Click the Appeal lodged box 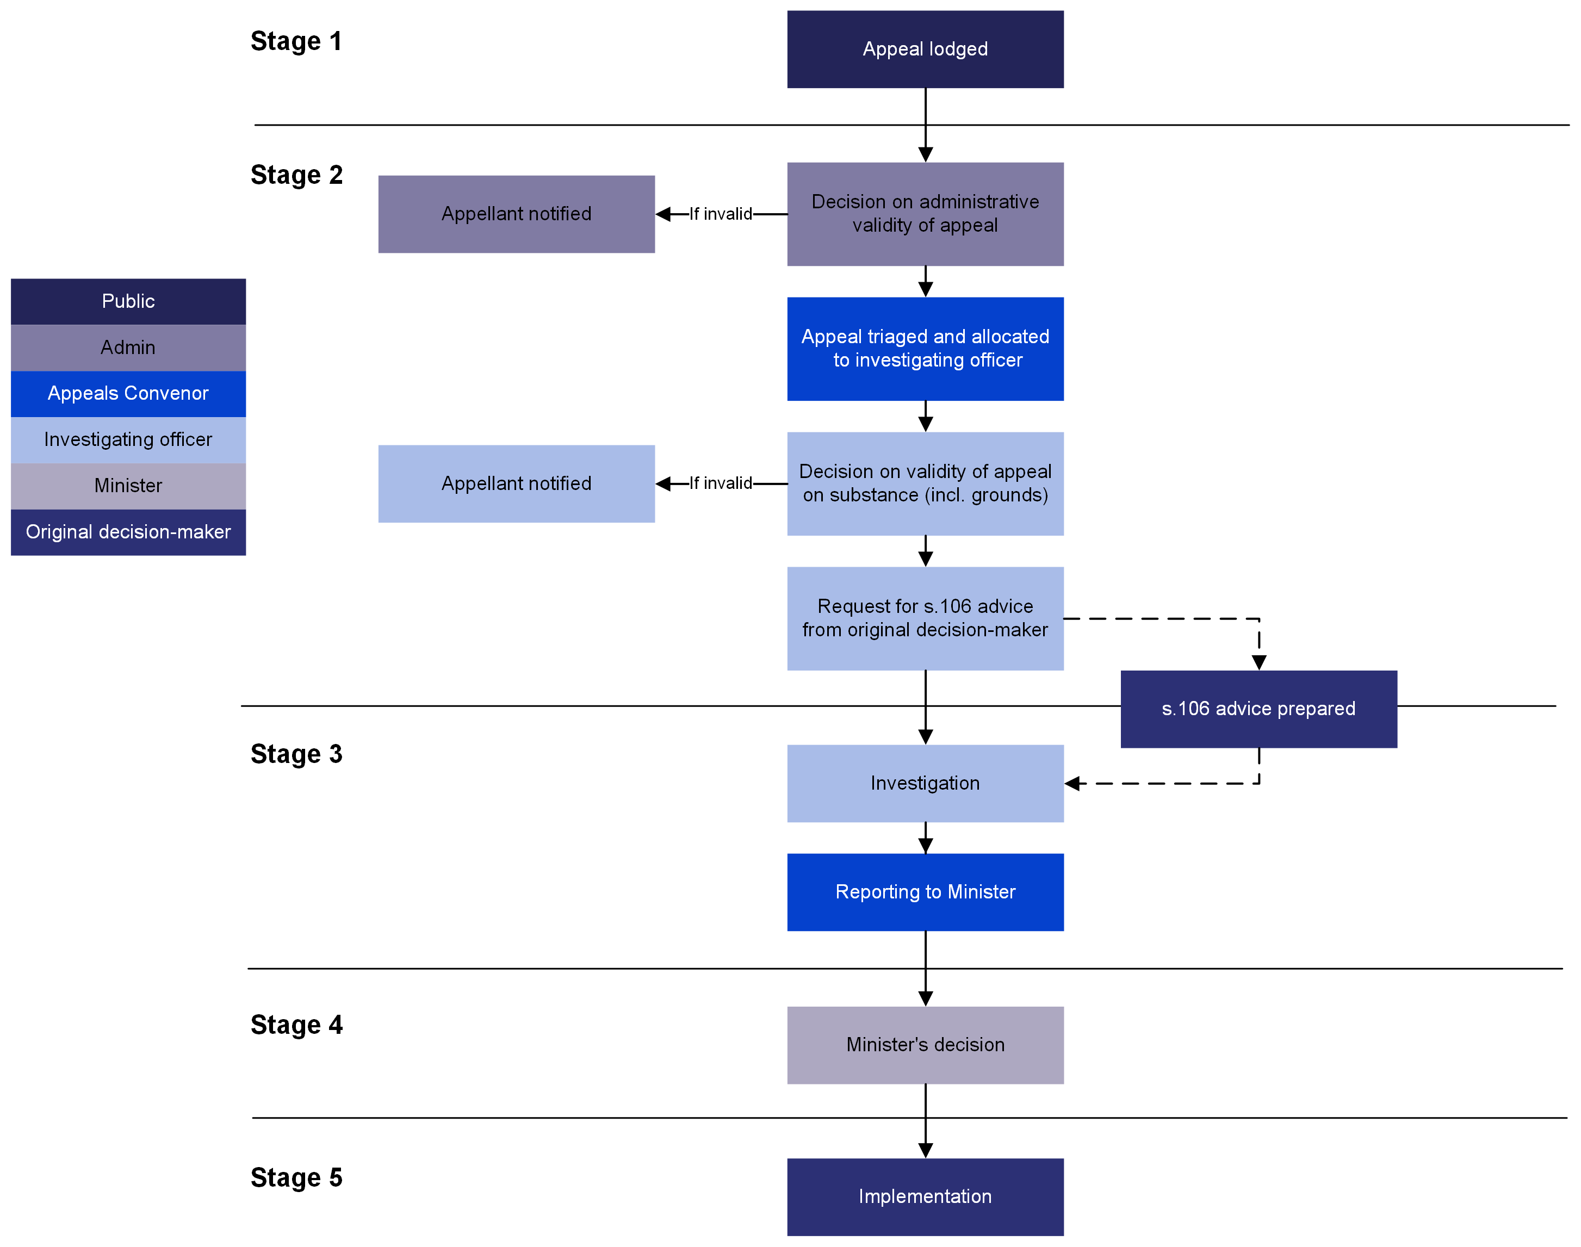point(925,49)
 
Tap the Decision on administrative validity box point(925,213)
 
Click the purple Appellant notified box point(516,214)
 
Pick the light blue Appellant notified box point(516,483)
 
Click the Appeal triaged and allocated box point(925,348)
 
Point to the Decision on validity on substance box point(925,483)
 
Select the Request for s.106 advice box point(925,618)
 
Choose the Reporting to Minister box point(925,891)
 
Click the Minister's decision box point(925,1044)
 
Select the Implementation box point(925,1196)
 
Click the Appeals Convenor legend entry point(128,394)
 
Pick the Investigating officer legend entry point(128,439)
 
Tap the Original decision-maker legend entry point(128,531)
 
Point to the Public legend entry point(128,301)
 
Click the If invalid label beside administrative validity point(720,214)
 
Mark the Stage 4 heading point(296,1025)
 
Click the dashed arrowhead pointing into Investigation point(1072,784)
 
